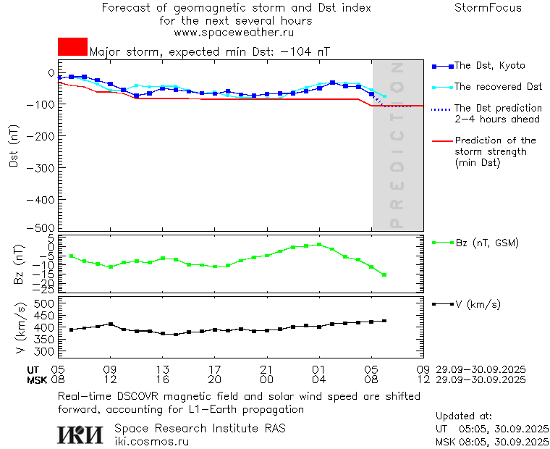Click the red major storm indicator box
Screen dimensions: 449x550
coord(72,47)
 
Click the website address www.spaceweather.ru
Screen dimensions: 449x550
coord(234,33)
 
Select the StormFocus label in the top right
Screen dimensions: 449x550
coord(488,8)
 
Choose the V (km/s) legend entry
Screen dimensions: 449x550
coord(478,304)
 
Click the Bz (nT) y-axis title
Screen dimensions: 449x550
coord(20,264)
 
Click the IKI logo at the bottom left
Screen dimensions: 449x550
coord(80,435)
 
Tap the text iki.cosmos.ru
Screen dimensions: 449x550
coord(151,441)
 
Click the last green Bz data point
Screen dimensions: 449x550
coord(384,275)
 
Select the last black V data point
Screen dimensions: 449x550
coord(384,321)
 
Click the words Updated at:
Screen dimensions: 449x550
coord(463,416)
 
